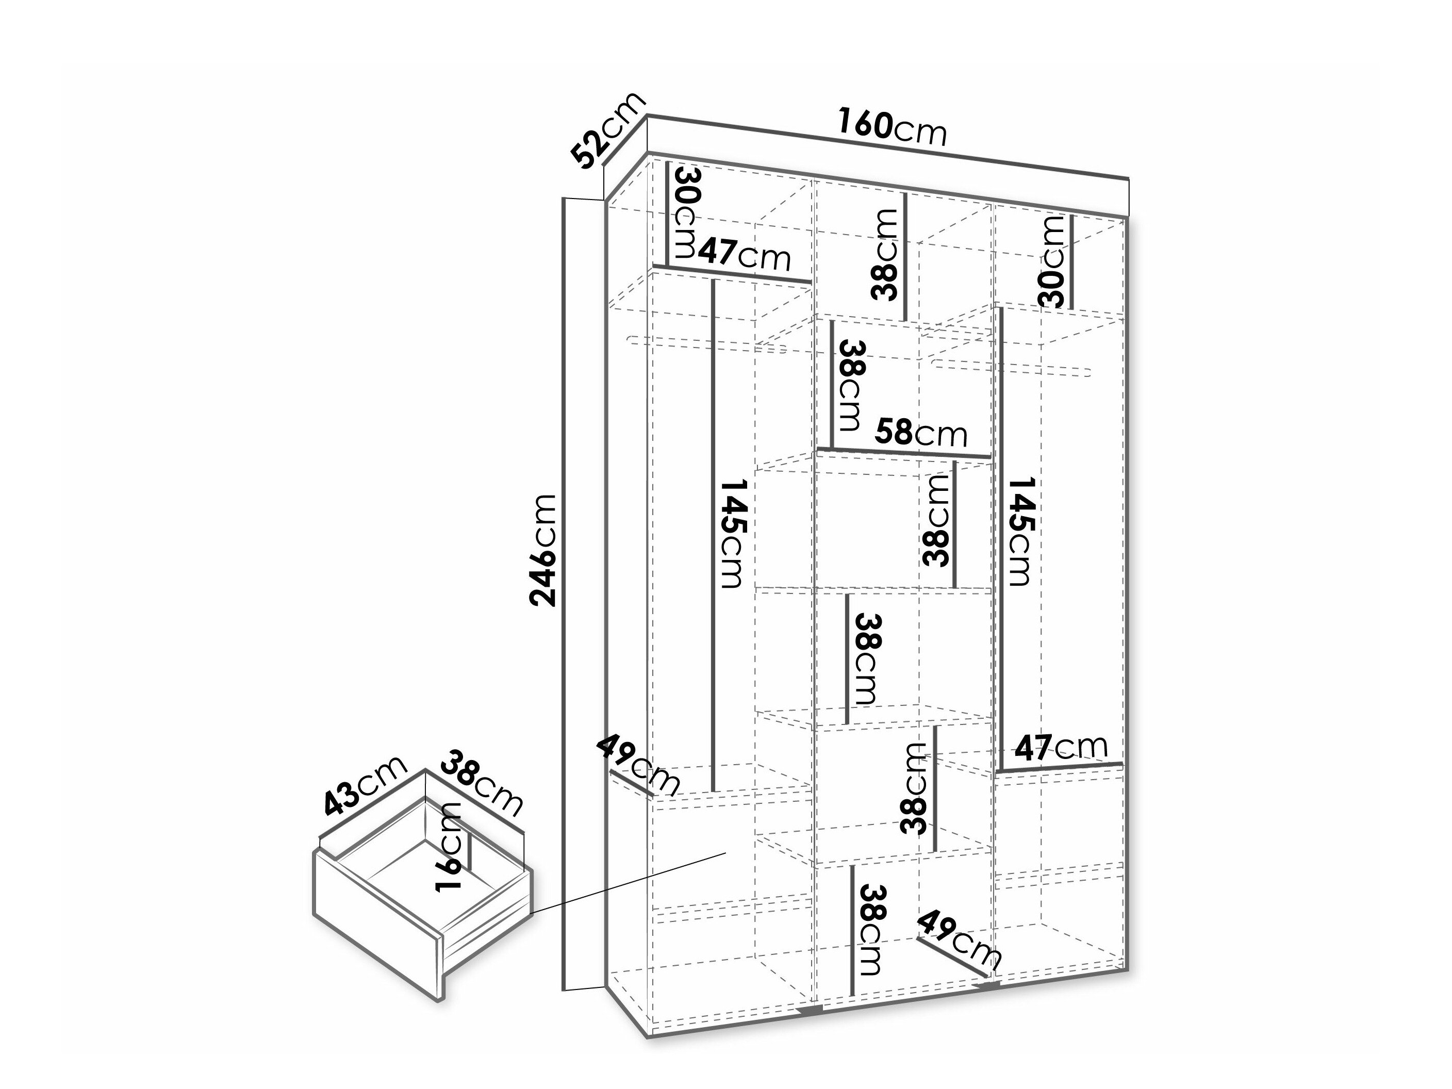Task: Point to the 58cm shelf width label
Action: point(921,433)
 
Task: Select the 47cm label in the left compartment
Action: point(744,254)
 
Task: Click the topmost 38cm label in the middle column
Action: point(885,255)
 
